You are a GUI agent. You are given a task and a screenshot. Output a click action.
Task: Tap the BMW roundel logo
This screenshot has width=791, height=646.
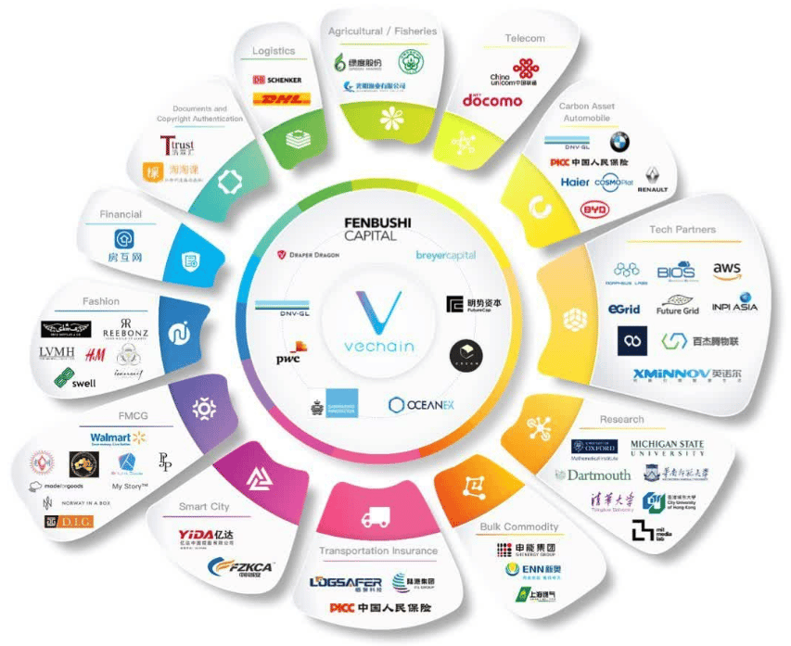click(619, 142)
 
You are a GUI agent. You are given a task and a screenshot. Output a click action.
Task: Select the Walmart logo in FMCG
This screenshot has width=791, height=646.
click(119, 437)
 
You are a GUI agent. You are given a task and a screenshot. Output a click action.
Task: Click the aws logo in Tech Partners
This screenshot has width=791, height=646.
click(727, 271)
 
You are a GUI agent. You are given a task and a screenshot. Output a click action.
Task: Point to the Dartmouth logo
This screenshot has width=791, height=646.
click(593, 475)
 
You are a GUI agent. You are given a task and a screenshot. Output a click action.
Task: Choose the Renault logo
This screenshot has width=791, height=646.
click(653, 180)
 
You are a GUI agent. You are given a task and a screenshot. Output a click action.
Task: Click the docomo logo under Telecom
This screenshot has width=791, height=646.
click(492, 100)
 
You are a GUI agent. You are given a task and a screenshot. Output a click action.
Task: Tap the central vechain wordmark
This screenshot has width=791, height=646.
click(376, 346)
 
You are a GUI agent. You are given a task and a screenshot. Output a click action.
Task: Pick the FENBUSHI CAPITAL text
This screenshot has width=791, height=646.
click(376, 228)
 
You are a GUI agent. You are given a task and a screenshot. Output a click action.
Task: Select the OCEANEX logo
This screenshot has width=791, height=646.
click(422, 404)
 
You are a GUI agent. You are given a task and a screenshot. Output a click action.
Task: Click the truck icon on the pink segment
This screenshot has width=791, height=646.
click(376, 518)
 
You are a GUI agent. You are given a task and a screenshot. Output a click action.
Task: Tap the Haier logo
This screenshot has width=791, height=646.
click(575, 182)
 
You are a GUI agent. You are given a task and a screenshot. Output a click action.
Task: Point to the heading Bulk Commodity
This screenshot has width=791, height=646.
click(519, 527)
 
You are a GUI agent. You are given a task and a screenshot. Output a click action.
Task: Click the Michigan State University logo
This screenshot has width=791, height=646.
click(667, 449)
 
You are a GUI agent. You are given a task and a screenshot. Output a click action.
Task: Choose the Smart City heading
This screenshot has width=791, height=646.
click(206, 507)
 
